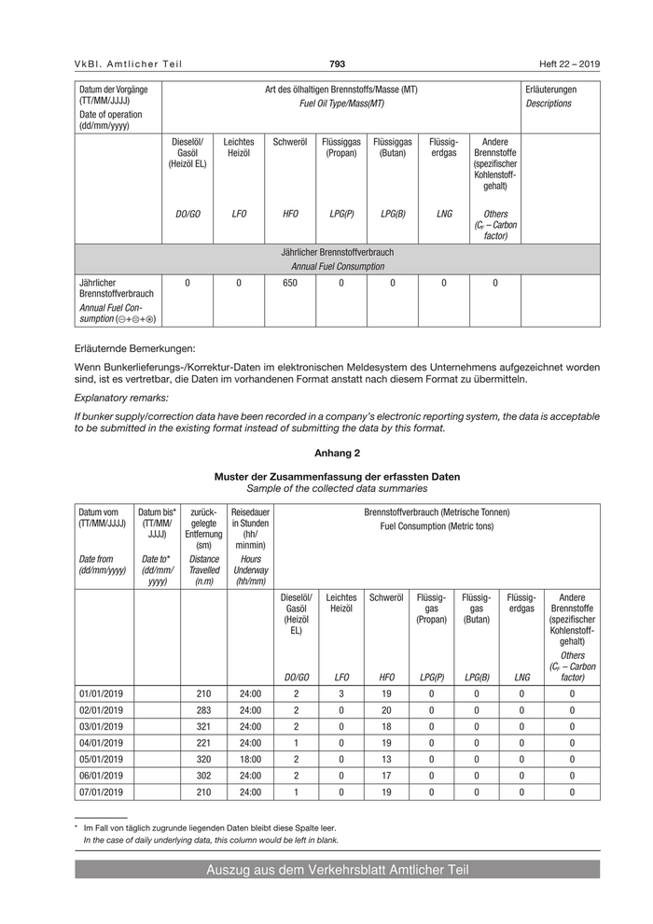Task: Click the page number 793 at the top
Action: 337,63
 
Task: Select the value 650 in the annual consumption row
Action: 289,283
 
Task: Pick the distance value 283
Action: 203,710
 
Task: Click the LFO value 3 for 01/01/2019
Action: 341,694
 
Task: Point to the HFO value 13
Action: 387,759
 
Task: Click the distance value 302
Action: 203,775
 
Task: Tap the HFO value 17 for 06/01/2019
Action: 387,775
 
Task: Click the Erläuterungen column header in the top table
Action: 551,90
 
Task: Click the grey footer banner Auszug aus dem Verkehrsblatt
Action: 337,870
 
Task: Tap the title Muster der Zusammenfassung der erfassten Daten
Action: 337,476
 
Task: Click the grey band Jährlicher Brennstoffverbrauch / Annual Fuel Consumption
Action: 337,259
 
